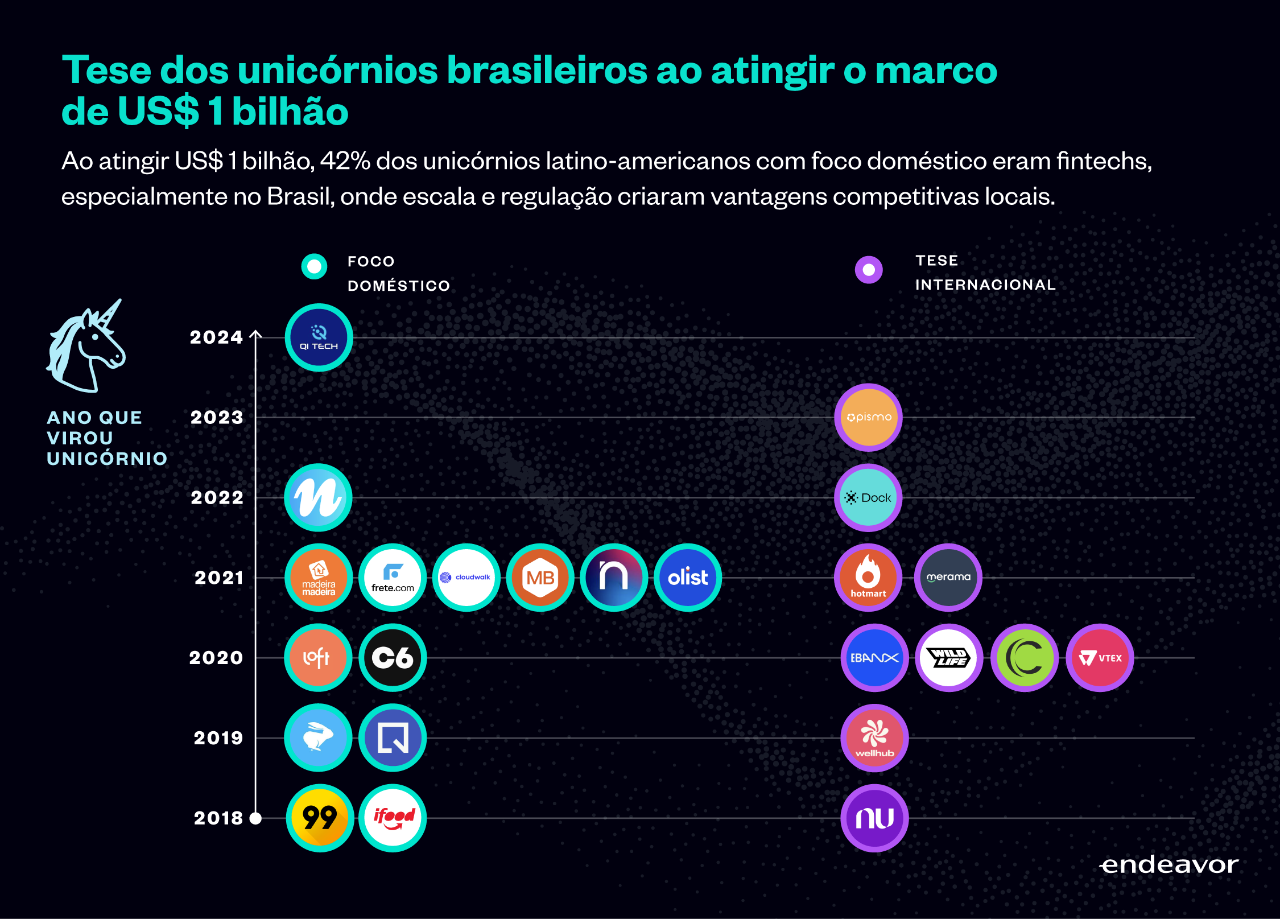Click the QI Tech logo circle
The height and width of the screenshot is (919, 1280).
(319, 337)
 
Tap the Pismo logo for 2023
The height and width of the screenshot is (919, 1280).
(868, 417)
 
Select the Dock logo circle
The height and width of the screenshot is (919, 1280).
(868, 497)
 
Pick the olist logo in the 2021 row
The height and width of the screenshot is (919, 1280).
(688, 578)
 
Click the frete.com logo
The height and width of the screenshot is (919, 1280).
(393, 578)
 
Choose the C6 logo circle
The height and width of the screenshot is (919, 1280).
(393, 658)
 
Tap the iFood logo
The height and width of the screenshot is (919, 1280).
(393, 818)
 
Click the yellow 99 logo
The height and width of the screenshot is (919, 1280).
(320, 818)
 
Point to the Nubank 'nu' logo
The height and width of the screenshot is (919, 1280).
(874, 818)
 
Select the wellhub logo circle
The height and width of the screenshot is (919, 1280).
(874, 738)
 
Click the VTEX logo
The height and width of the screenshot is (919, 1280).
(1100, 658)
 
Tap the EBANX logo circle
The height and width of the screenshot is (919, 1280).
(874, 658)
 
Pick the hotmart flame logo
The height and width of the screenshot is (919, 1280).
(868, 578)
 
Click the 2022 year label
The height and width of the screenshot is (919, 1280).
(217, 498)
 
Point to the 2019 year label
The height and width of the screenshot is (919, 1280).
(218, 738)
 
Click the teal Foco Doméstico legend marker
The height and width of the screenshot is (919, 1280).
(314, 266)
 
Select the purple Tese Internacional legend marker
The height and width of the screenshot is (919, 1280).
(869, 270)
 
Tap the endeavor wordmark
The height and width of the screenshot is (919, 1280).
(1170, 865)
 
